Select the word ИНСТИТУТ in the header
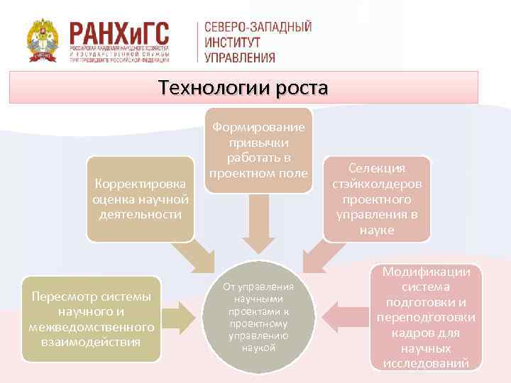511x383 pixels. [x=232, y=43]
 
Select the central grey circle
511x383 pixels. [x=257, y=317]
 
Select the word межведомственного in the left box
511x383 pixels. [x=92, y=327]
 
